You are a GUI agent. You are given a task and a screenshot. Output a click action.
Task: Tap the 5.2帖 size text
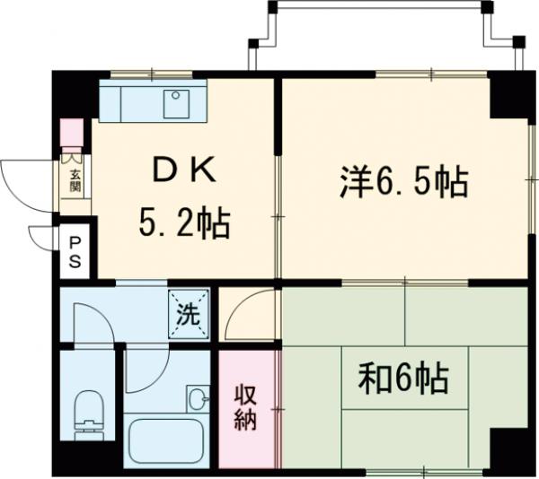pyautogui.click(x=184, y=222)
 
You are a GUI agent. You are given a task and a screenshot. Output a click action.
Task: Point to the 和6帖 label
pyautogui.click(x=403, y=379)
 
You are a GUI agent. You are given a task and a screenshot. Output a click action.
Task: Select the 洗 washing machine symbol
pyautogui.click(x=190, y=313)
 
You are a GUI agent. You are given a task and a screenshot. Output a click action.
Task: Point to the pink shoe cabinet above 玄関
pyautogui.click(x=72, y=133)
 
